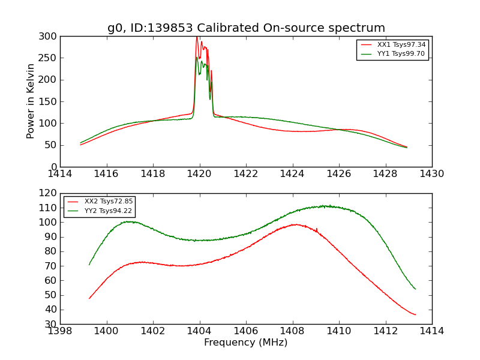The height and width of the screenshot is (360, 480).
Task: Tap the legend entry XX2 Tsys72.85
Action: (109, 201)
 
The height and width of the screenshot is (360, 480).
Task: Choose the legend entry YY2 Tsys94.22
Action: (109, 210)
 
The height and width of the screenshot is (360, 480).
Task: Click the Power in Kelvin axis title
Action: (31, 101)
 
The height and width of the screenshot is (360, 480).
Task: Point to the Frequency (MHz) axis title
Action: (245, 343)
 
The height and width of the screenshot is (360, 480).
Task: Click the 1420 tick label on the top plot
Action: (199, 173)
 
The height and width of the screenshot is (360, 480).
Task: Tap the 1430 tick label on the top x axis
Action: (431, 173)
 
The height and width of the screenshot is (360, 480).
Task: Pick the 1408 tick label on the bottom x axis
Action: (292, 331)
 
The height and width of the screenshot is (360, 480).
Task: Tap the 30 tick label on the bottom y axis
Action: (51, 324)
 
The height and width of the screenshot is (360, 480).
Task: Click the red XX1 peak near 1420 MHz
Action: (197, 37)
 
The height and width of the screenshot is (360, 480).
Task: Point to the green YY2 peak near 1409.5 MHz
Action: (324, 206)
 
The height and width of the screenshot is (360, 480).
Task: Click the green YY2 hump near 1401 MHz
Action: (128, 221)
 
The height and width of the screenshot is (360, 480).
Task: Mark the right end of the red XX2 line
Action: (415, 314)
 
